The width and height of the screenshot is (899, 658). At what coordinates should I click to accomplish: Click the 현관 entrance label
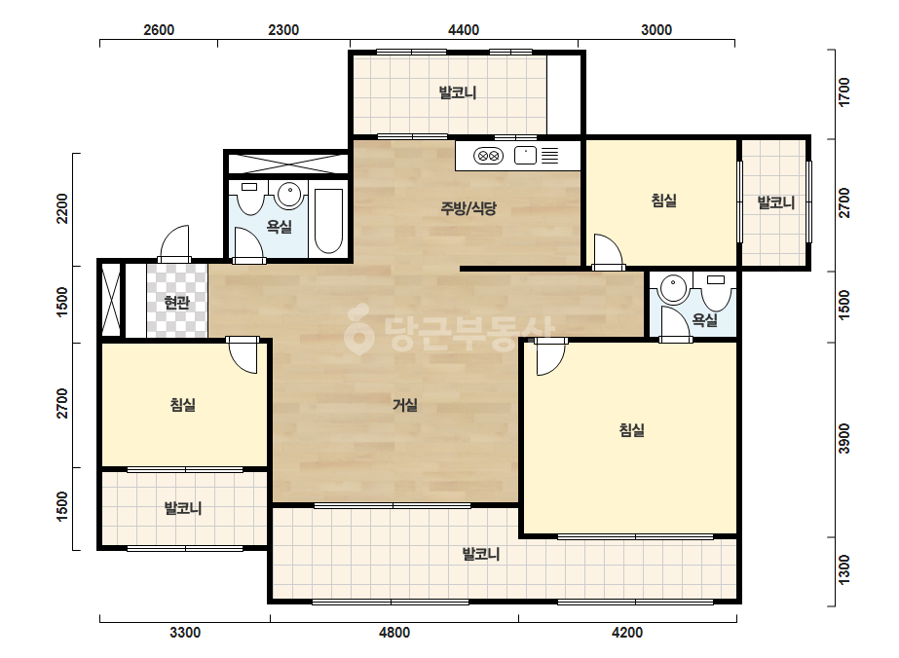pos(176,302)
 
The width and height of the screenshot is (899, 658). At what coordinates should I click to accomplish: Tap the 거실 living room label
pos(405,405)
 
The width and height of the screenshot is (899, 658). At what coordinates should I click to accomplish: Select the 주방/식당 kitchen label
pos(468,208)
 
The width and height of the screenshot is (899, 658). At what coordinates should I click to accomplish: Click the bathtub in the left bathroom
pos(328,221)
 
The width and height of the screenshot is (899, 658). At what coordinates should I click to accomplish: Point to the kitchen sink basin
pos(525,156)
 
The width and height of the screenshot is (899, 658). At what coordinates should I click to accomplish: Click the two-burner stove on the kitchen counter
pos(489,156)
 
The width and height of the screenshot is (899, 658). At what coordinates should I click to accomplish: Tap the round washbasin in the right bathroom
pos(673,288)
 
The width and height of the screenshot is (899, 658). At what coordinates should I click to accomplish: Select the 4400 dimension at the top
pos(464,30)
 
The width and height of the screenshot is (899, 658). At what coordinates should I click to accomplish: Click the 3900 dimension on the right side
pos(843,438)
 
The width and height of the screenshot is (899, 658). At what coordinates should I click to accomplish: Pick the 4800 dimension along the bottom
pos(394,633)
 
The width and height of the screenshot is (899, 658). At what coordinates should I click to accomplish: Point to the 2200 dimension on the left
pos(62,209)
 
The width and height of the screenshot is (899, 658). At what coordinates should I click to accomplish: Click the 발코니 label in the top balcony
pos(458,92)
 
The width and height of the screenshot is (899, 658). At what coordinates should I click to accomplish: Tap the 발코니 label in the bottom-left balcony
pos(183,508)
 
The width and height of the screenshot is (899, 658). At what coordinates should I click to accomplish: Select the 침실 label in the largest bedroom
pos(632,429)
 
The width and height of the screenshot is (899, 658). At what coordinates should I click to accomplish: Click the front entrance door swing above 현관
pos(173,242)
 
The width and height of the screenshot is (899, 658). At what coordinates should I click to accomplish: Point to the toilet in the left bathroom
pos(249,198)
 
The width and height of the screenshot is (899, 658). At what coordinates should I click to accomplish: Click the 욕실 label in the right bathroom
pos(704,319)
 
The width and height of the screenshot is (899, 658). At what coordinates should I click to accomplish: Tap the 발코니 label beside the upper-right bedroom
pos(775,202)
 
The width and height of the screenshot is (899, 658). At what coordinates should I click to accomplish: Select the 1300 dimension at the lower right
pos(843,570)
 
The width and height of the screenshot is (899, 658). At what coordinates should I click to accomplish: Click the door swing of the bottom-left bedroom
pos(243,356)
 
